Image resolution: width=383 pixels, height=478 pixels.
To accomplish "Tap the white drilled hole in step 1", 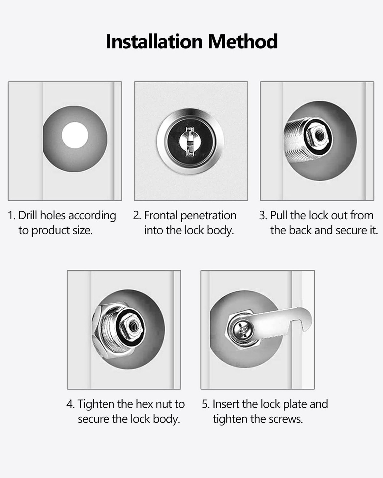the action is point(75,135).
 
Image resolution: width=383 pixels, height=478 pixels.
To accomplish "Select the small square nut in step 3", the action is point(318,136).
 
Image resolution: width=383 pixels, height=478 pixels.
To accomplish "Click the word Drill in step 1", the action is point(28,215).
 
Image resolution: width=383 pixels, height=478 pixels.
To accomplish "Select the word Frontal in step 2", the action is point(161,215).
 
